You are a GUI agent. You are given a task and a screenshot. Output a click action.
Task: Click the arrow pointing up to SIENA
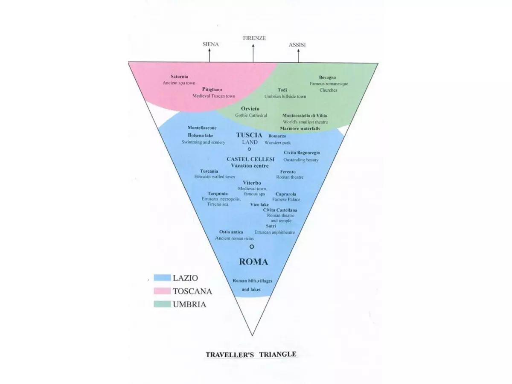click(209, 55)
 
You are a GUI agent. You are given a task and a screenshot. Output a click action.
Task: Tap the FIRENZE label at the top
click(254, 38)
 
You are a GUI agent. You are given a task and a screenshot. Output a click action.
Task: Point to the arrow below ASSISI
click(298, 55)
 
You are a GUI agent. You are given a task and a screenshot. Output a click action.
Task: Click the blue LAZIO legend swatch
click(162, 278)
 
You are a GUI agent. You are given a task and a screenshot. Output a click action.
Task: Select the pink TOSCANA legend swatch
click(162, 291)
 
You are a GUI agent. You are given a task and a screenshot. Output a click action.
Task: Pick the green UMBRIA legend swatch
click(162, 305)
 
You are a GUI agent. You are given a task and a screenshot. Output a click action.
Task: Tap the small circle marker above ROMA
click(252, 247)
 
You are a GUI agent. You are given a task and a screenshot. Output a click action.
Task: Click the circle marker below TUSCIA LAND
click(250, 149)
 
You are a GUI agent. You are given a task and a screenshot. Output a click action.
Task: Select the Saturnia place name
click(179, 76)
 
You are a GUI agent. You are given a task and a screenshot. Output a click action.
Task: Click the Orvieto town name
click(250, 109)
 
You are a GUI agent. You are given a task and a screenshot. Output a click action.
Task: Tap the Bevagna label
click(328, 77)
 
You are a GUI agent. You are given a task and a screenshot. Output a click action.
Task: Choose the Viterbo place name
click(252, 183)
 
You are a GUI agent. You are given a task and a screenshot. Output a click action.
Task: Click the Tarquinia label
click(218, 193)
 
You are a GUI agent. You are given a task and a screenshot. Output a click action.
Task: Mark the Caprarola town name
click(286, 194)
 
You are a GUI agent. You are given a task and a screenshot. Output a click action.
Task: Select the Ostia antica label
click(231, 232)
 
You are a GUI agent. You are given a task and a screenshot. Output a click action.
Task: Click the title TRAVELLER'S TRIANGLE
click(251, 354)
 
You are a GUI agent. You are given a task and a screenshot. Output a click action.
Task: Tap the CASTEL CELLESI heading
click(250, 159)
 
